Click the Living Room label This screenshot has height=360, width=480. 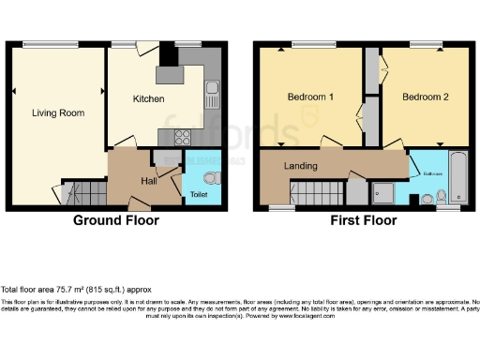58,113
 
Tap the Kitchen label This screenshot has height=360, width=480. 148,98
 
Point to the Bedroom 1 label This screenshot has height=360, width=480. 308,97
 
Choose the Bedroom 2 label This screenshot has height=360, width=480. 426,97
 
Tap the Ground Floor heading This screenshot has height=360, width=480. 116,221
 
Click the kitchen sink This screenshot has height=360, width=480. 213,95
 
